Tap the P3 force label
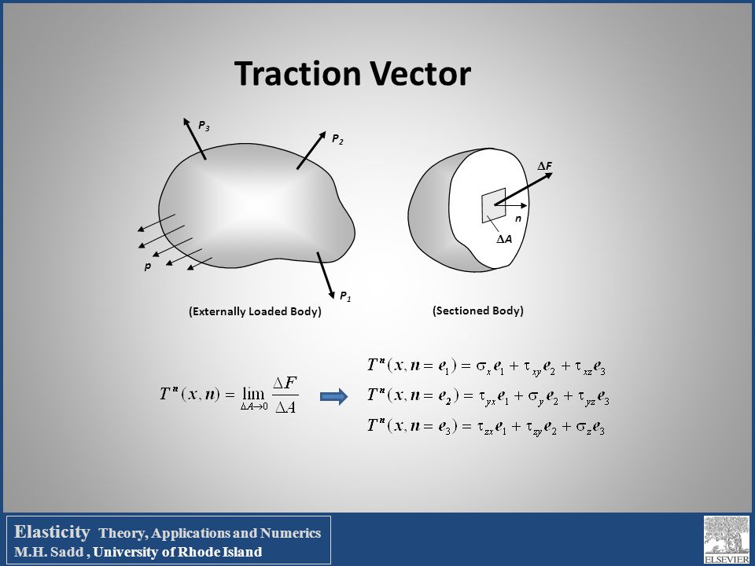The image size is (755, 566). point(204,125)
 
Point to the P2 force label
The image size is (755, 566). point(337,139)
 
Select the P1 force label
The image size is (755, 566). point(345,296)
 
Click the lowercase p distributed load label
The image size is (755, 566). point(145,267)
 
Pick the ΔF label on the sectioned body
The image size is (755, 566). point(544,167)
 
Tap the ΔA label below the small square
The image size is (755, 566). point(504,238)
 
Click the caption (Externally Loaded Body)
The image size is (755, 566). point(256,311)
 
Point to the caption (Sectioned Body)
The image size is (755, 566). point(478,311)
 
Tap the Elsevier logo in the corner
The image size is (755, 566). point(726,538)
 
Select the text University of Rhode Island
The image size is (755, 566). point(189,552)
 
